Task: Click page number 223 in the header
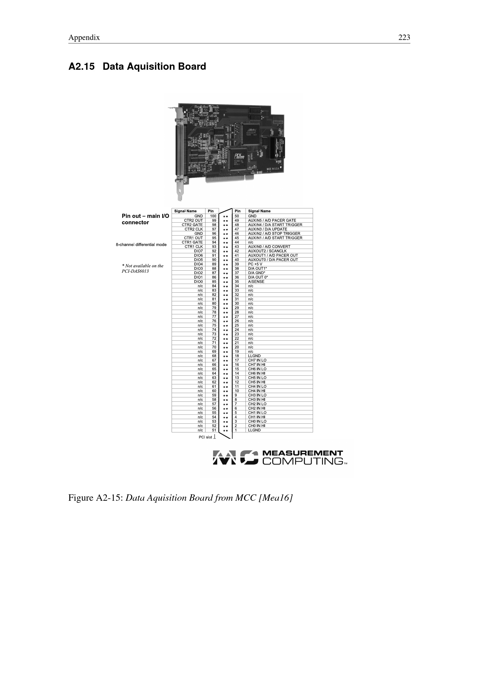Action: [404, 37]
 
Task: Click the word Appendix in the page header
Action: [84, 38]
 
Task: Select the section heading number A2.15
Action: [81, 67]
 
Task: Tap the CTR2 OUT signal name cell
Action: [189, 220]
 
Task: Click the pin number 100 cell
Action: [212, 216]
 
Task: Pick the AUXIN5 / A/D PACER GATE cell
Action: [279, 220]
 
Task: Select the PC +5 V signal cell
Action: [279, 264]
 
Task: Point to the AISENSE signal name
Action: [256, 282]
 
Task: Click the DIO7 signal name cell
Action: [189, 251]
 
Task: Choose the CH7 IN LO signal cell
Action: [279, 360]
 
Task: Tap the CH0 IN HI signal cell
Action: [279, 425]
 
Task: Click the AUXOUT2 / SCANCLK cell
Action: [279, 251]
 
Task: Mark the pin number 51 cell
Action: [212, 430]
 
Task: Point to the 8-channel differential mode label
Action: [141, 245]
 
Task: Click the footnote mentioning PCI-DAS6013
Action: [142, 268]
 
